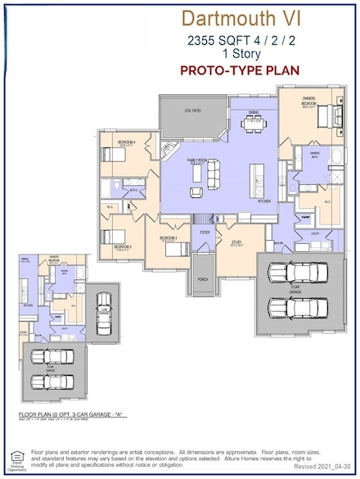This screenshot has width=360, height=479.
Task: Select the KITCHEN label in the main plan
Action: [x=263, y=200]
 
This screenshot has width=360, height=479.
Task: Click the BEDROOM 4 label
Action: [x=125, y=142]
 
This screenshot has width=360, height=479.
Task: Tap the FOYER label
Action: [x=205, y=233]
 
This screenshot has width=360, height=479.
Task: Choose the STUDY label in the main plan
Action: [x=235, y=242]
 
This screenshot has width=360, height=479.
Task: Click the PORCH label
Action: [x=202, y=279]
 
